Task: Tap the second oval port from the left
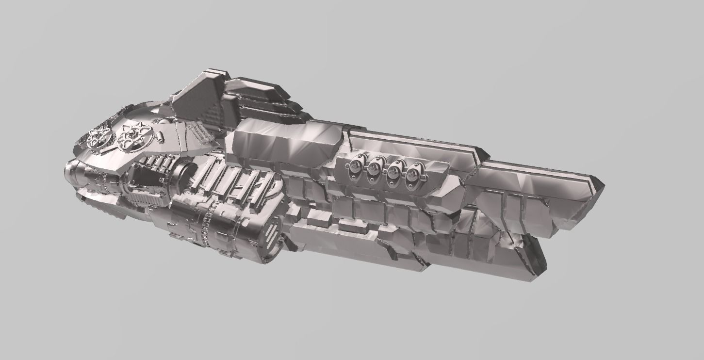(374, 169)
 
